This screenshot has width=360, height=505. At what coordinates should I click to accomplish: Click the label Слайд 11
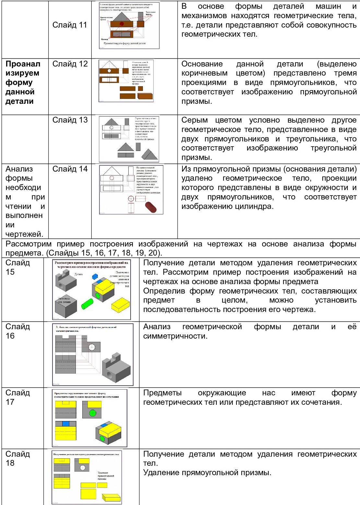point(70,25)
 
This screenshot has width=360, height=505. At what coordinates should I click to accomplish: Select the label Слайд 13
point(70,120)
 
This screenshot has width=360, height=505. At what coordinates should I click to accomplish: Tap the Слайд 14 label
point(70,169)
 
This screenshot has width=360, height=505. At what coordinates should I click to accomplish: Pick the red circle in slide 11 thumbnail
point(122,24)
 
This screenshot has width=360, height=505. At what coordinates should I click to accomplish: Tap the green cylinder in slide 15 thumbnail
point(87,304)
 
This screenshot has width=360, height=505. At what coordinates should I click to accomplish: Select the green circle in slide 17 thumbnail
point(93,413)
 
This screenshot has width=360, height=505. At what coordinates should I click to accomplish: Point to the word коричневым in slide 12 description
point(204,73)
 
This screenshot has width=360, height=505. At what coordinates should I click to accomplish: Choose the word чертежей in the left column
point(24,234)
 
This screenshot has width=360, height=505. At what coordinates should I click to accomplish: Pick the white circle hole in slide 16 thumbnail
point(92,347)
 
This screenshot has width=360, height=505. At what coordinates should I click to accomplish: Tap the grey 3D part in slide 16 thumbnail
point(116,368)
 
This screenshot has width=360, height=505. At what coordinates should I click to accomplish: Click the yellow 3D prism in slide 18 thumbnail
point(111,497)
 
